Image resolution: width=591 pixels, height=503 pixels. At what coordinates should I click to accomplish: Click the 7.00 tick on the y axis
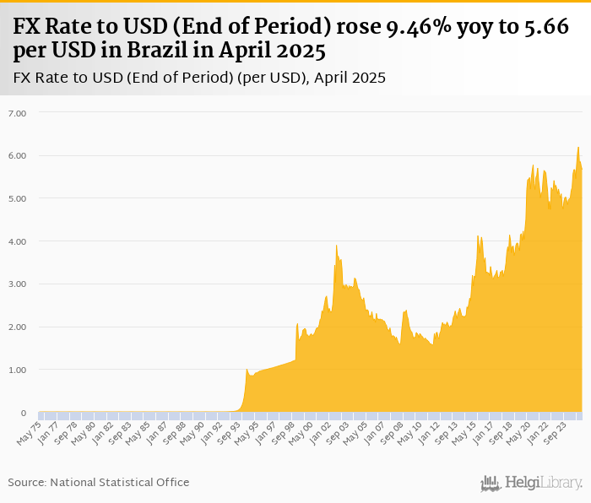click(x=17, y=112)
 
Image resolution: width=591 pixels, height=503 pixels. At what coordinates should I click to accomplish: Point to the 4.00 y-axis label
click(x=17, y=241)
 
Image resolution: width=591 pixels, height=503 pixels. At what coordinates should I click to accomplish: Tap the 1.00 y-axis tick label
click(x=17, y=370)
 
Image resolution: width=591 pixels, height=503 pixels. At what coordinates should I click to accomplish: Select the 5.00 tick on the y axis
click(x=17, y=198)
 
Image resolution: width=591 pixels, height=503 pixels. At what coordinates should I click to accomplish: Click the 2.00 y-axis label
click(x=17, y=327)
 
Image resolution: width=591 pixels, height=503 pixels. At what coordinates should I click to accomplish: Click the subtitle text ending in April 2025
click(x=199, y=78)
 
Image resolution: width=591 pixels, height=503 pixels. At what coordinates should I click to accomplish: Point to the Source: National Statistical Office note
click(x=99, y=482)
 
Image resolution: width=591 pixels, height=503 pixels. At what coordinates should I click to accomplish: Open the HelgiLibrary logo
click(x=532, y=483)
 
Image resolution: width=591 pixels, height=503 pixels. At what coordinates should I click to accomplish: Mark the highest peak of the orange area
click(x=578, y=148)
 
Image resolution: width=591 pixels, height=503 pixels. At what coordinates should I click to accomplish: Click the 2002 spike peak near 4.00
click(x=337, y=246)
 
